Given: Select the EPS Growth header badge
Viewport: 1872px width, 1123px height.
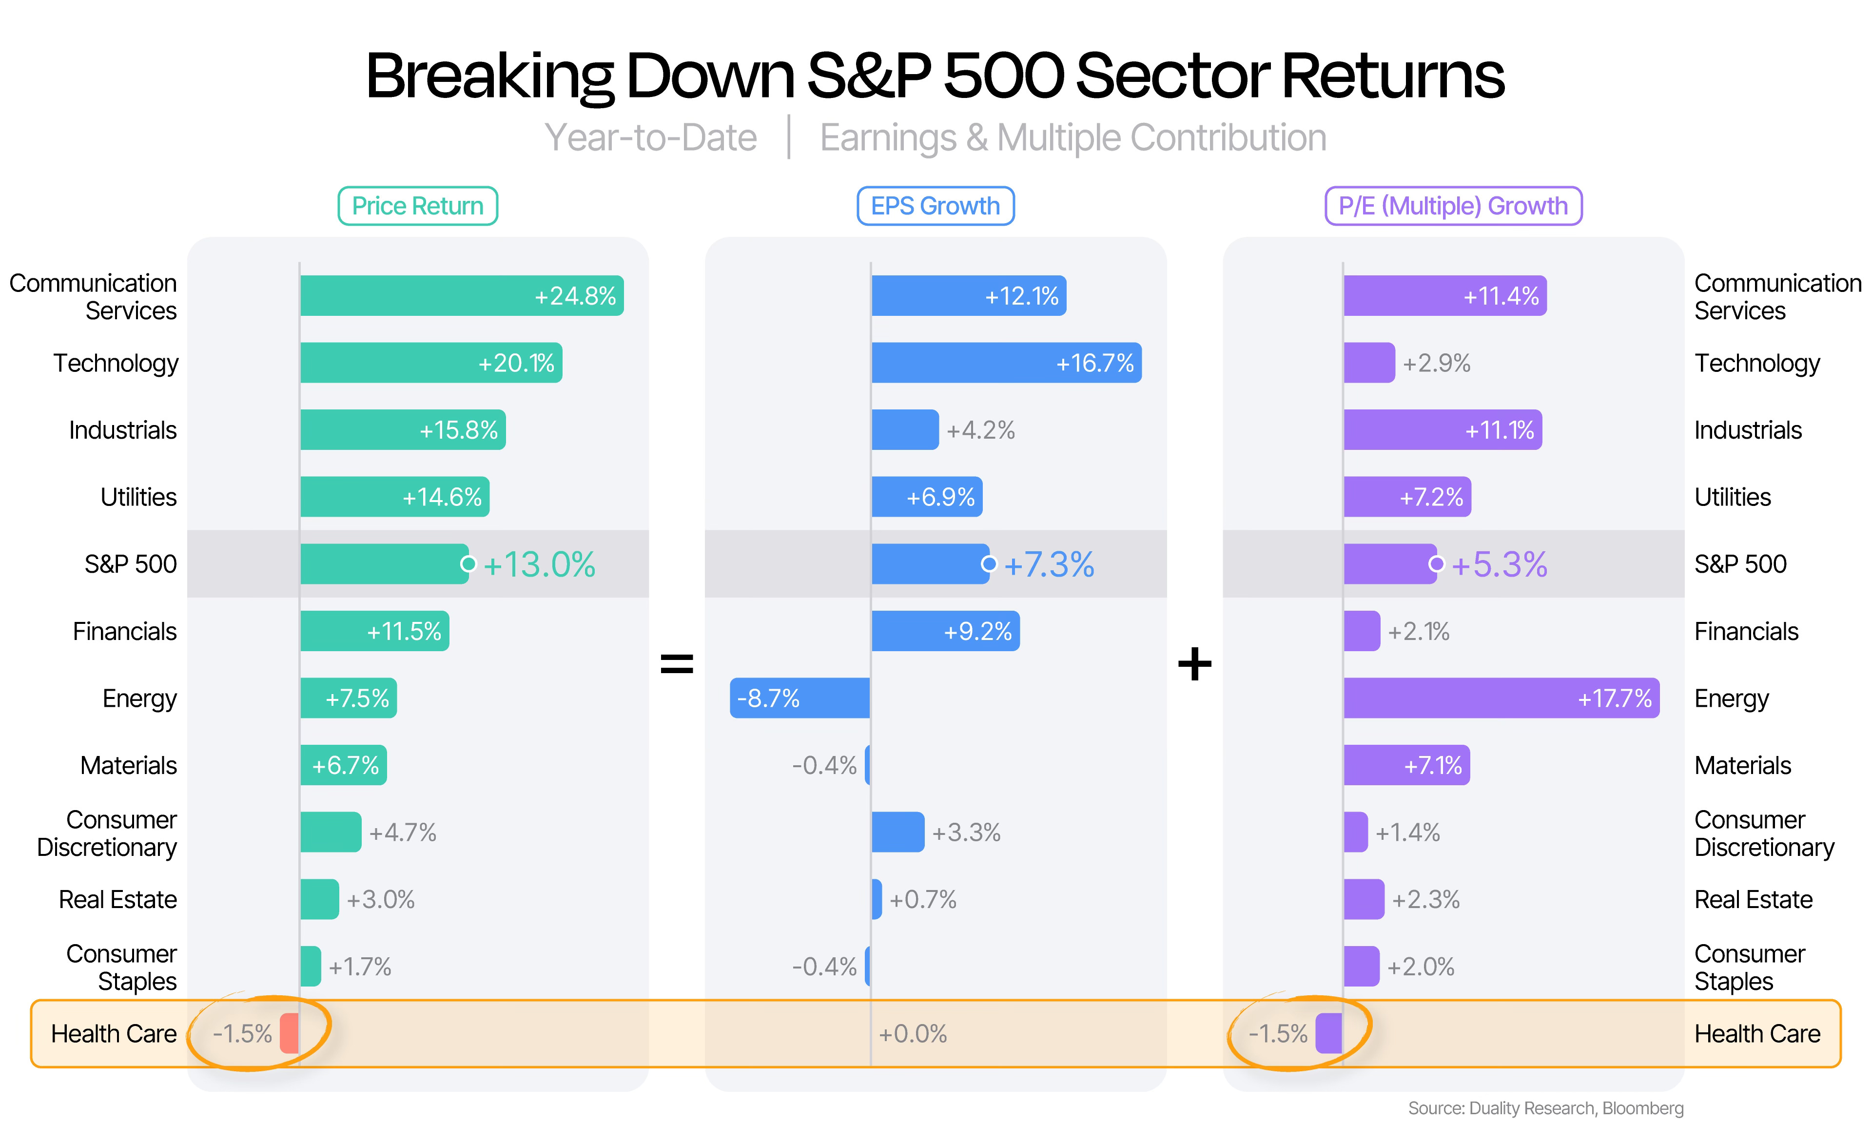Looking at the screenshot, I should tap(935, 206).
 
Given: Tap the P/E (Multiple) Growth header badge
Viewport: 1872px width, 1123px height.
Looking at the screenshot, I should tap(1452, 206).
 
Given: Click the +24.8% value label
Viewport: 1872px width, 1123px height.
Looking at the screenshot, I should tap(575, 296).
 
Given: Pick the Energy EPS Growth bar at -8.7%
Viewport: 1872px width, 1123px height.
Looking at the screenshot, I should tap(800, 697).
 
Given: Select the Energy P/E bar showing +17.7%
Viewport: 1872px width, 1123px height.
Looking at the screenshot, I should tap(1501, 697).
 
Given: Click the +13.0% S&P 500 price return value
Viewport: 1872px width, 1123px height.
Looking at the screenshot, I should tap(539, 564).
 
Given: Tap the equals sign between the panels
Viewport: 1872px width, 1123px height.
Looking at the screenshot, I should tap(677, 664).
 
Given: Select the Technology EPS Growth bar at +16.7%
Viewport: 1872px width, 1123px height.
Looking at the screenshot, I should tap(1006, 363).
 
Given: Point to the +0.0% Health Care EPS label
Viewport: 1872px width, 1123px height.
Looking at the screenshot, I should tap(913, 1034).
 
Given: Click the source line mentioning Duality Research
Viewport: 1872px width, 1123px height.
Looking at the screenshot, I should tap(1545, 1108).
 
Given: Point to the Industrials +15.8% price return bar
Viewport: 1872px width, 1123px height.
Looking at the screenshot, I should tap(403, 430).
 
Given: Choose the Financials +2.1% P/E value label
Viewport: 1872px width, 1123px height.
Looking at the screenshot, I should tap(1418, 631).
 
